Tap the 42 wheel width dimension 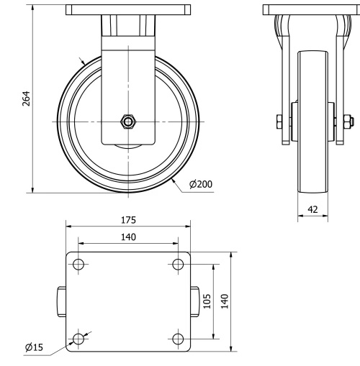click(x=312, y=209)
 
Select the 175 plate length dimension click(x=128, y=220)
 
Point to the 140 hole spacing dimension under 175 click(x=128, y=236)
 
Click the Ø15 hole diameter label click(x=34, y=347)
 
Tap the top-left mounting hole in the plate click(x=78, y=265)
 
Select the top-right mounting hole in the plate click(x=178, y=265)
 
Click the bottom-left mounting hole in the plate click(x=78, y=338)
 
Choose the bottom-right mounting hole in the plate click(x=178, y=338)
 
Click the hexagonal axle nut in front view click(x=128, y=122)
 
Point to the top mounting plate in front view click(x=128, y=10)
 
